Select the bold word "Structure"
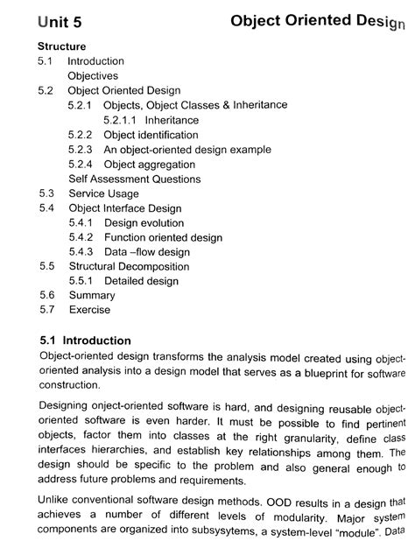(x=61, y=46)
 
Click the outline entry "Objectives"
(x=93, y=76)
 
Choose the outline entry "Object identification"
(x=151, y=135)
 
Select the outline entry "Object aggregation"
(x=148, y=165)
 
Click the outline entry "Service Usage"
(x=103, y=193)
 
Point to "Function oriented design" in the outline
(x=163, y=237)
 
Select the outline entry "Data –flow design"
(x=146, y=252)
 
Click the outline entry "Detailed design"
(x=141, y=281)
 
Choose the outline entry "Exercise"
(x=91, y=310)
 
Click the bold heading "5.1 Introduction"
(x=85, y=341)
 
